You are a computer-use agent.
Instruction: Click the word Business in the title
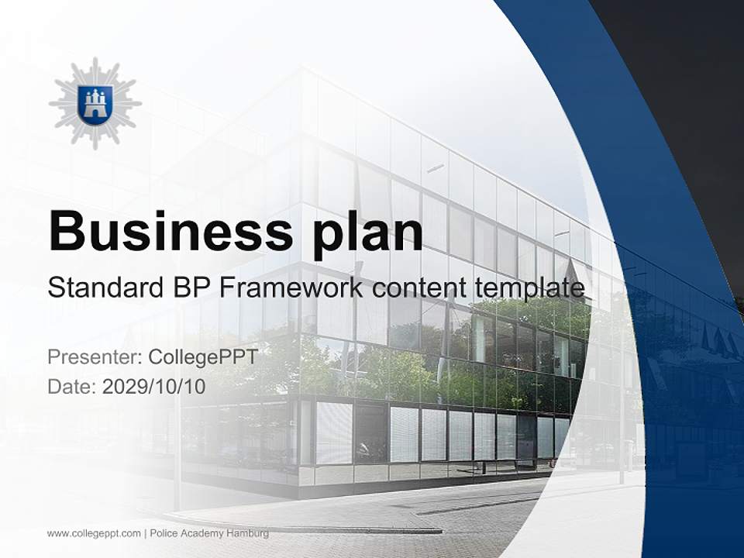161,231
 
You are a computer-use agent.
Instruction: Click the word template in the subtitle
528,288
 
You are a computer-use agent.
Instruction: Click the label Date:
72,387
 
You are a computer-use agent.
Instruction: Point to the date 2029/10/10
154,387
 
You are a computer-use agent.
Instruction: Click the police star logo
95,103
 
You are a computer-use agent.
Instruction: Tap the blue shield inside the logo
95,102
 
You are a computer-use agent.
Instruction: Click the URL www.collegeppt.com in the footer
94,533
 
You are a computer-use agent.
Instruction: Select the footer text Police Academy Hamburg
209,533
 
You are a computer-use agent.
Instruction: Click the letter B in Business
66,231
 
